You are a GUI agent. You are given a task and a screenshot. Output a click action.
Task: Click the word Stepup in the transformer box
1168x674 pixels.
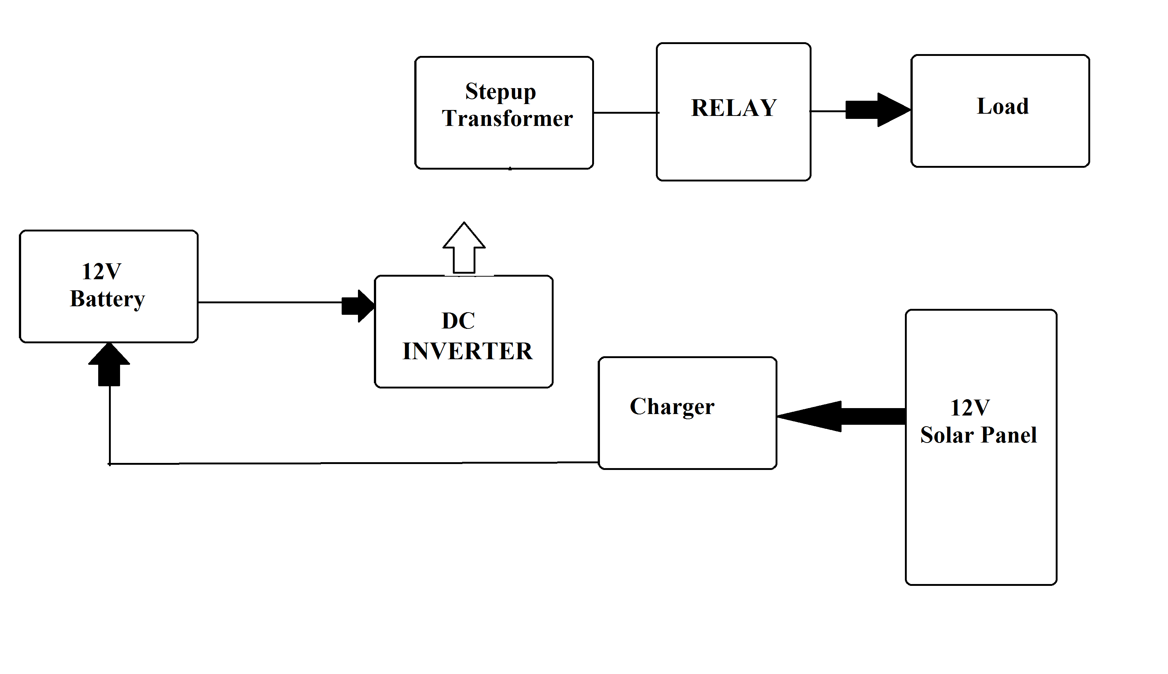[x=500, y=92]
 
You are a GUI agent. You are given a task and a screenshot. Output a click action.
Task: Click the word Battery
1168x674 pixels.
[x=107, y=299]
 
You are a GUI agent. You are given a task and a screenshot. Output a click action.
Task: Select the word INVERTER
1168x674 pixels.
[x=467, y=351]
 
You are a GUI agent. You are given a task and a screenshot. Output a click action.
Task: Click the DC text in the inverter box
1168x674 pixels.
[x=458, y=320]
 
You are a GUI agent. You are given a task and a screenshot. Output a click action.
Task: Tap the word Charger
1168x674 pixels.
[x=671, y=407]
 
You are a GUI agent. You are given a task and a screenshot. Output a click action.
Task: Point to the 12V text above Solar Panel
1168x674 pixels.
[x=970, y=408]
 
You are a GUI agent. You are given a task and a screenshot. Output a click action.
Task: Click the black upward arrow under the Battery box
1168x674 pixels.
[x=109, y=365]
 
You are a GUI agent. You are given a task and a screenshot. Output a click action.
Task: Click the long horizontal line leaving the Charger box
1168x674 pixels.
[x=352, y=463]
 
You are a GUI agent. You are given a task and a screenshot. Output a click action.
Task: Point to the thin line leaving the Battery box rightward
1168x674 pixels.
[x=269, y=302]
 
